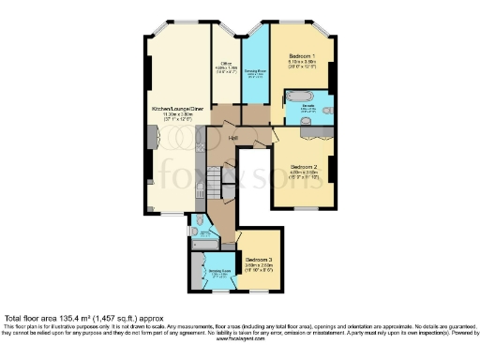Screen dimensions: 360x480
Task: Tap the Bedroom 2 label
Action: pyautogui.click(x=302, y=165)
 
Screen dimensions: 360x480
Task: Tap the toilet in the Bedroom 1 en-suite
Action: pyautogui.click(x=329, y=109)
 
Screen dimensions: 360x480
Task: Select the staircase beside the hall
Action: pyautogui.click(x=215, y=178)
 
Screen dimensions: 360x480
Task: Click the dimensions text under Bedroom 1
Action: pyautogui.click(x=303, y=64)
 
